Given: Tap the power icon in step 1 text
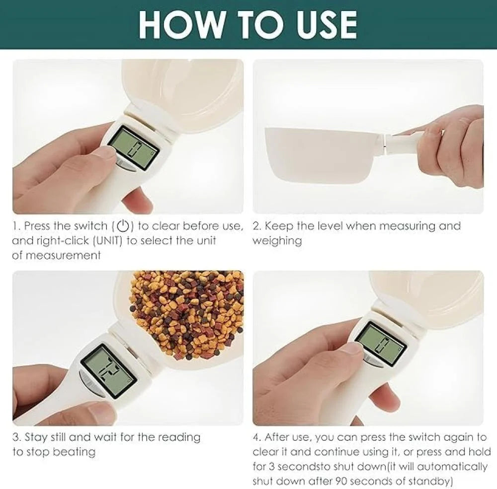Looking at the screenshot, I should point(123,226).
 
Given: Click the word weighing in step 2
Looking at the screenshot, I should point(277,241).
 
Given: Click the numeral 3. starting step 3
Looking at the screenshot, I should point(16,437).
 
